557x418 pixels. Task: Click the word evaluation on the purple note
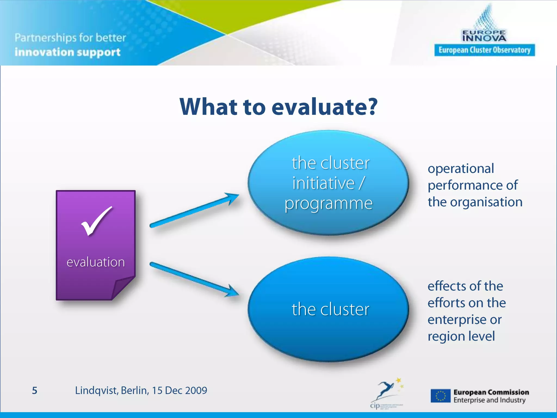[x=96, y=262]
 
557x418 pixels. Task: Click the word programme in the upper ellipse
[x=329, y=204]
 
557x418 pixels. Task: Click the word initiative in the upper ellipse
[x=324, y=183]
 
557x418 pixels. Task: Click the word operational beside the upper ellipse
[x=461, y=168]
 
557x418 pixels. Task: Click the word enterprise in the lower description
[x=457, y=319]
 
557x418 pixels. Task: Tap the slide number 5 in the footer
[x=35, y=391]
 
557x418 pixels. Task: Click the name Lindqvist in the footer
[x=96, y=391]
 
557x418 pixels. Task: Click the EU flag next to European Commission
[x=441, y=396]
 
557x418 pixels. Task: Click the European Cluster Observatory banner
[x=484, y=50]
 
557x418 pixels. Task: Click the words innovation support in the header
[x=67, y=52]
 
